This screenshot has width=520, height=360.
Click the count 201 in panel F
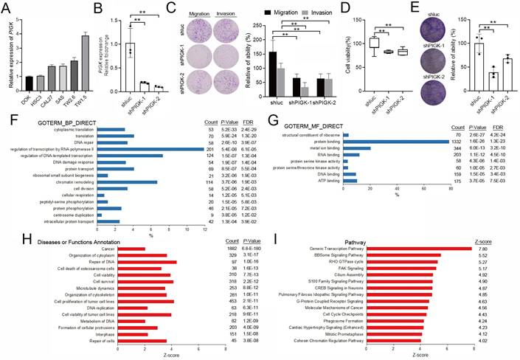(209, 148)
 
